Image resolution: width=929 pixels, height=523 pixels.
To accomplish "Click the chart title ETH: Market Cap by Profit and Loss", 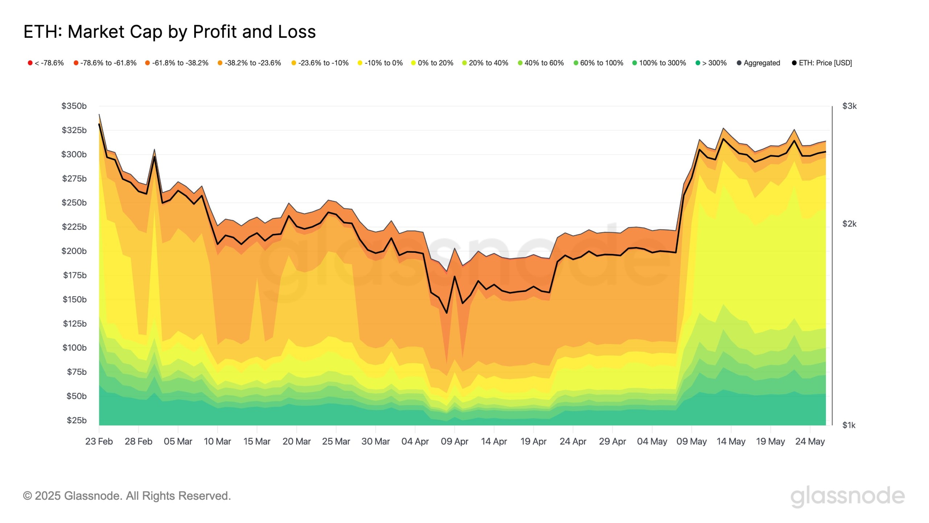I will tap(169, 32).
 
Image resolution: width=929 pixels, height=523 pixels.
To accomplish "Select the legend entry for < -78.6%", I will tap(46, 63).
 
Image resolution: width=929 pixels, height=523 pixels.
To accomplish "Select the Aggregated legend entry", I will tap(758, 63).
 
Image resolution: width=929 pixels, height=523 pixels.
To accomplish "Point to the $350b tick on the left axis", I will tap(74, 106).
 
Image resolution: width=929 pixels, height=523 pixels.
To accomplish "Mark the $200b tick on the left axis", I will tap(74, 251).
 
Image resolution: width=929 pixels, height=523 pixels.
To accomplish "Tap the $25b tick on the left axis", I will tap(77, 420).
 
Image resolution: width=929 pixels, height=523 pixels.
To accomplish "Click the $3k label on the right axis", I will tap(849, 106).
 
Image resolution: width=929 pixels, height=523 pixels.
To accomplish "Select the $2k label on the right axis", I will tap(849, 224).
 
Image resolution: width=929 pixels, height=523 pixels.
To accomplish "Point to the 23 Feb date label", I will tap(99, 441).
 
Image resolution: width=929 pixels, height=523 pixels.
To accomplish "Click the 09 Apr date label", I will tap(454, 441).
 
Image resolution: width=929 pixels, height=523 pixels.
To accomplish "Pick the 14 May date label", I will tap(731, 441).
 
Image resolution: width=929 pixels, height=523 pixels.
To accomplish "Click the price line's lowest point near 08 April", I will tap(446, 313).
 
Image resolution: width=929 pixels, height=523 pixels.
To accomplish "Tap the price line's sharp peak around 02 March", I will tap(155, 157).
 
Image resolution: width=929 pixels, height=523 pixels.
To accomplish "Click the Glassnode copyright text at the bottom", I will tap(127, 496).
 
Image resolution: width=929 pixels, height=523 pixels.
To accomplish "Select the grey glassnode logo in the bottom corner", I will tap(847, 496).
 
